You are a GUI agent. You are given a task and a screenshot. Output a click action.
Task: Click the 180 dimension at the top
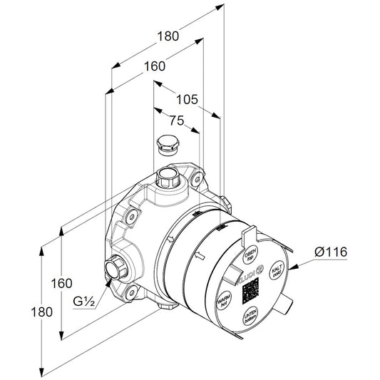(167, 34)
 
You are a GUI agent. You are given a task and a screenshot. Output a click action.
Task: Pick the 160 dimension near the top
(151, 66)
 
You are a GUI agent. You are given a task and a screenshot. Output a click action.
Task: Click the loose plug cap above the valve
(168, 145)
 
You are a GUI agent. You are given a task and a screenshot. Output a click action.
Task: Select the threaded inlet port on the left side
(113, 269)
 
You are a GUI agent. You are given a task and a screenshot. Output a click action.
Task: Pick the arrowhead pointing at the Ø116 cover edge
(293, 266)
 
